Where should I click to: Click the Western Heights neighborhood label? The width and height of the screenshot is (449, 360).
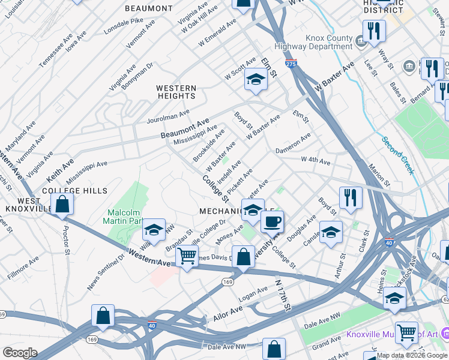point(176,92)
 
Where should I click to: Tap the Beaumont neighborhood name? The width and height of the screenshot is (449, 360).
point(148,8)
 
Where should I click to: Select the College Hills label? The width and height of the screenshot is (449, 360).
point(74,191)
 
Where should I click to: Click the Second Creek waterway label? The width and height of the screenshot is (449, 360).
point(398,155)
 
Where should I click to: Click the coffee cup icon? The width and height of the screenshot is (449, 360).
point(271,221)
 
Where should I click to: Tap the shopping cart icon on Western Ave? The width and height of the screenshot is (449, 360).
point(187,255)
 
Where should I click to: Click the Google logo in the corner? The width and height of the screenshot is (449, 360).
point(20,352)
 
